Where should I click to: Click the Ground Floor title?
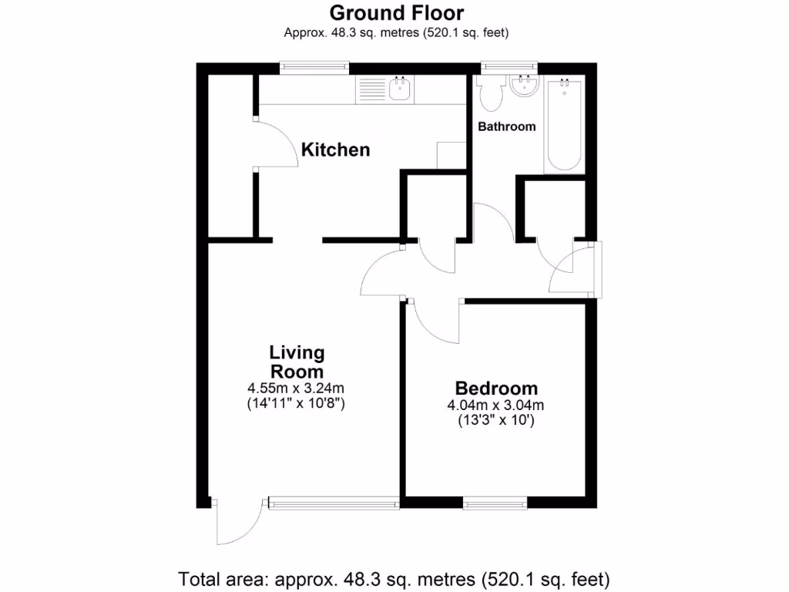(x=397, y=13)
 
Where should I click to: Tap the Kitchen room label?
(x=335, y=150)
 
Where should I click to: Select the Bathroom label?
(x=506, y=126)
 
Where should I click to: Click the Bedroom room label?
(x=496, y=388)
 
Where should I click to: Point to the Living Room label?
(x=297, y=362)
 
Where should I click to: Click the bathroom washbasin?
(x=525, y=86)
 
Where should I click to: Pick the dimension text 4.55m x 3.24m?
(x=297, y=388)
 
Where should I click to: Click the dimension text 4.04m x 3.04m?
(x=496, y=406)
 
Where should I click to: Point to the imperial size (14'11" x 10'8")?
(x=297, y=403)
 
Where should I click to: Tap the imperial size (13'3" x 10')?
(x=496, y=421)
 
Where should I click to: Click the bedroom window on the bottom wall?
(x=495, y=503)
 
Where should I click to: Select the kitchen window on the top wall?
(x=314, y=67)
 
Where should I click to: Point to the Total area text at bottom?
(x=394, y=577)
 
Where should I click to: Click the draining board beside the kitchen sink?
(x=371, y=91)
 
